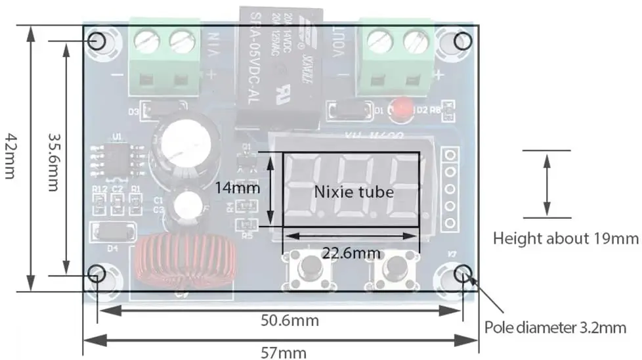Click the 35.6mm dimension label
tap(55, 158)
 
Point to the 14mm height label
tap(237, 189)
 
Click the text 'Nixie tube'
tap(354, 192)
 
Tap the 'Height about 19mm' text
tap(565, 238)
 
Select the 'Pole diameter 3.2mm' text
tap(560, 326)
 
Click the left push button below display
tap(309, 269)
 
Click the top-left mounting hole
tap(98, 41)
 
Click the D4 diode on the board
tap(112, 232)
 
